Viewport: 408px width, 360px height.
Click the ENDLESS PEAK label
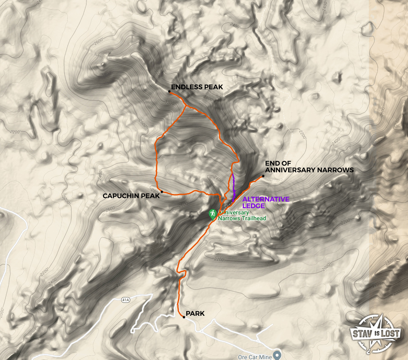[197, 87]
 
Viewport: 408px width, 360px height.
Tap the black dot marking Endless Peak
[170, 91]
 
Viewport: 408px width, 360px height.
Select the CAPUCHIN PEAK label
[131, 196]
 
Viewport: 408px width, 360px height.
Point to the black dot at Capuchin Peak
[162, 192]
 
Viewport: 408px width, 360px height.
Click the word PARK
[195, 313]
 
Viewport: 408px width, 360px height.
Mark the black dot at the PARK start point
[184, 317]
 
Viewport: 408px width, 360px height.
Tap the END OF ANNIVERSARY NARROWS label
[309, 167]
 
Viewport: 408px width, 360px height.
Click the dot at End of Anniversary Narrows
[263, 176]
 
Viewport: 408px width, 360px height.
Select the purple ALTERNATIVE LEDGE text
[266, 202]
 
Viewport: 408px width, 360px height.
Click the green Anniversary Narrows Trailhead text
[242, 215]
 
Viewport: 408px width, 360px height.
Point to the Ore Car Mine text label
[255, 356]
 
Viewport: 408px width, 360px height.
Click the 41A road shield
[126, 300]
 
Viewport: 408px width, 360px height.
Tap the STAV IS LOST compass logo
[376, 334]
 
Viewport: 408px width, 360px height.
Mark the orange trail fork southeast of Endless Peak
[186, 107]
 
